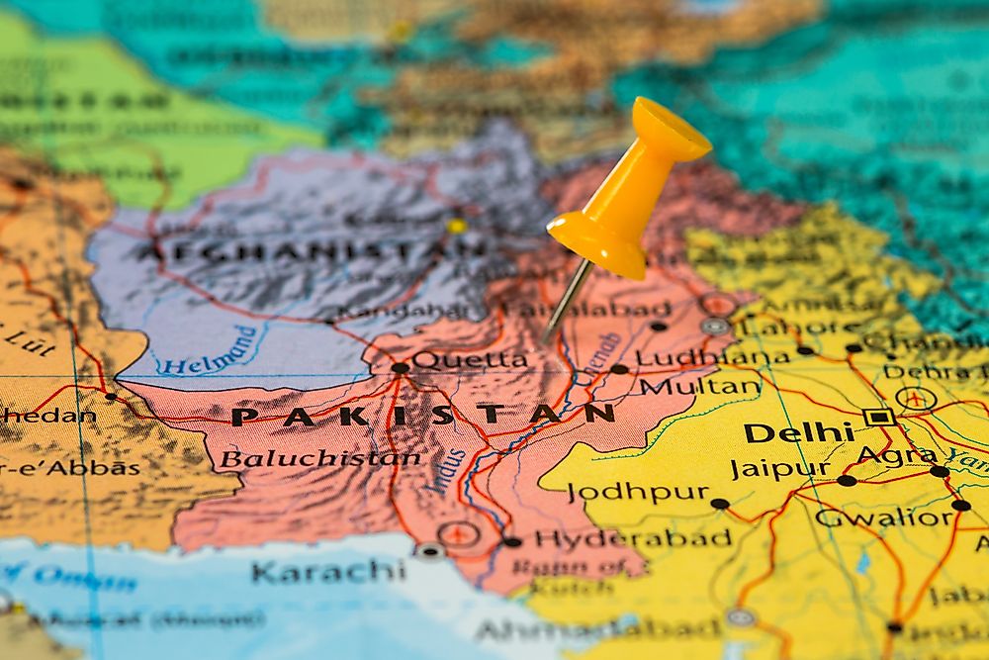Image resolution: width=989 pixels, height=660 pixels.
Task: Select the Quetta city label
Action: click(470, 360)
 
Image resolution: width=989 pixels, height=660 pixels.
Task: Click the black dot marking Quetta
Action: click(400, 368)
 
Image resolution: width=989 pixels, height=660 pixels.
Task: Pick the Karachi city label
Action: click(327, 571)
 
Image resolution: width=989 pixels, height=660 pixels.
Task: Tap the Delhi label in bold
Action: click(798, 432)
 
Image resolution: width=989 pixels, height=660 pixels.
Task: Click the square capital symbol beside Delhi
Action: click(877, 417)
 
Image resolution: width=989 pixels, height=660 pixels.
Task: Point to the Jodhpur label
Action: click(638, 492)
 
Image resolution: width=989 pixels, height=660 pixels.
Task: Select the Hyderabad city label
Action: click(633, 539)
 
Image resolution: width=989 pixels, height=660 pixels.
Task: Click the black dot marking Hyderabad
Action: click(511, 541)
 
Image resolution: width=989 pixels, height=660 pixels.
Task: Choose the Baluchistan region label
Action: click(319, 458)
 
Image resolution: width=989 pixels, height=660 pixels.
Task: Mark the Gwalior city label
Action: click(883, 518)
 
